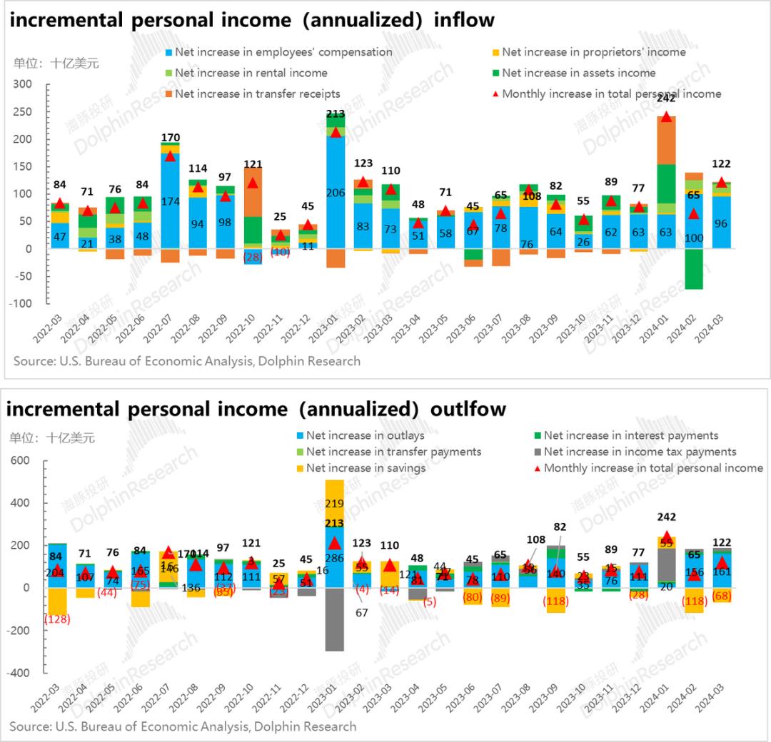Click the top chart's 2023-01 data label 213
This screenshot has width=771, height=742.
tap(335, 113)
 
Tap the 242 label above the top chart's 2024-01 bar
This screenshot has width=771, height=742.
tap(666, 99)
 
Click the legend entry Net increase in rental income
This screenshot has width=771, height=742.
tap(251, 73)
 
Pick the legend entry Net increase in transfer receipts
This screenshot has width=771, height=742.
tap(257, 93)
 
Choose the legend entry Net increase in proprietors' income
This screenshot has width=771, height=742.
tap(593, 52)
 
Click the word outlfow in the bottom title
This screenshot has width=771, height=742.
tap(465, 409)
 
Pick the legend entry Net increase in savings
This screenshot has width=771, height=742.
tap(366, 468)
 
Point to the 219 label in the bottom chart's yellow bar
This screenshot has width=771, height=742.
tap(335, 504)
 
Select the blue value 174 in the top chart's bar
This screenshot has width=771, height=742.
tap(169, 202)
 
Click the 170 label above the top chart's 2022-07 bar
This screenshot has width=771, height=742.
tap(169, 138)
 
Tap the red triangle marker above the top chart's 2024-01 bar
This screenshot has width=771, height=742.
tap(666, 116)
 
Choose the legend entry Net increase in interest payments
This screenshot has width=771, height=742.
tap(630, 435)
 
